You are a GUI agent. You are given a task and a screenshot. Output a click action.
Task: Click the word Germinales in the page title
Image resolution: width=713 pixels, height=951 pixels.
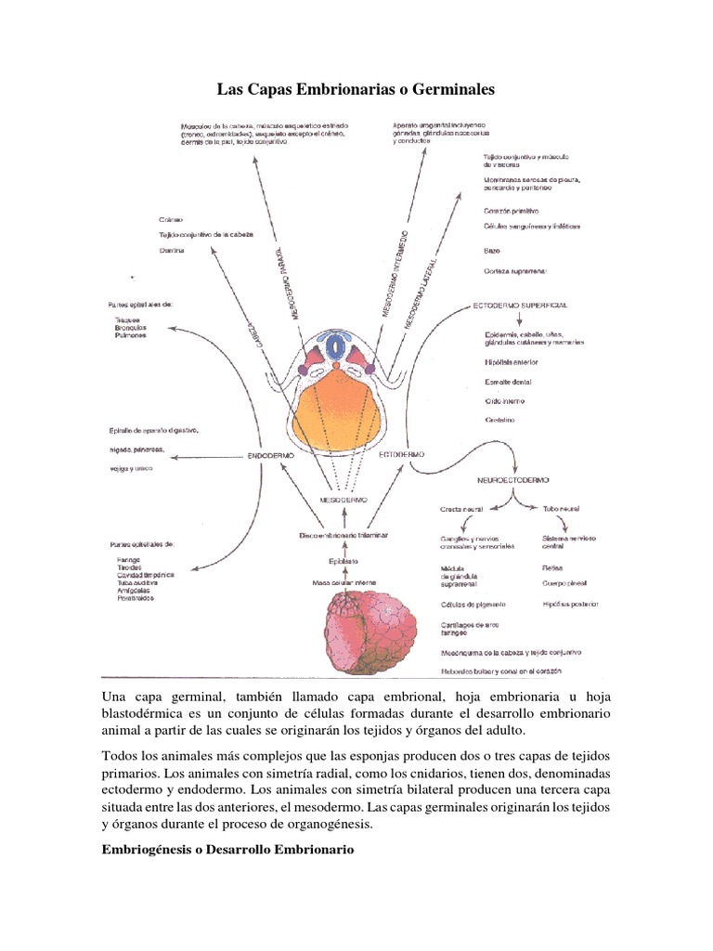[445, 89]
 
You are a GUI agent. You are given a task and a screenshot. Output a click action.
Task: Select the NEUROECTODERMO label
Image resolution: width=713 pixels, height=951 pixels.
[512, 480]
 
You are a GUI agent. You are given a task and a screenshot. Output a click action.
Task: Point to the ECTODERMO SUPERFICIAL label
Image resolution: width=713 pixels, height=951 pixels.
[520, 306]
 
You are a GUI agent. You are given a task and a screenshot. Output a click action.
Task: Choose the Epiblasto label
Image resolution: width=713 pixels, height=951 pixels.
[344, 560]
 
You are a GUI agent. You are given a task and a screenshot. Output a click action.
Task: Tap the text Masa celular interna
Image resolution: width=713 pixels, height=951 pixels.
[344, 583]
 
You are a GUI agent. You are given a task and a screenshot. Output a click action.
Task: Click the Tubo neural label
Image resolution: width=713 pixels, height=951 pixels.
[561, 510]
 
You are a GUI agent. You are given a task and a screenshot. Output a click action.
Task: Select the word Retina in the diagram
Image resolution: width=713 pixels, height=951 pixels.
[551, 567]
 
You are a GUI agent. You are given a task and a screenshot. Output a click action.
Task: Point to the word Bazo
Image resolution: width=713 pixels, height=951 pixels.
[492, 251]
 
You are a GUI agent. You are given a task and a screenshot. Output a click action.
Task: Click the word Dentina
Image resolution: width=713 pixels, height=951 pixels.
[173, 251]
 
